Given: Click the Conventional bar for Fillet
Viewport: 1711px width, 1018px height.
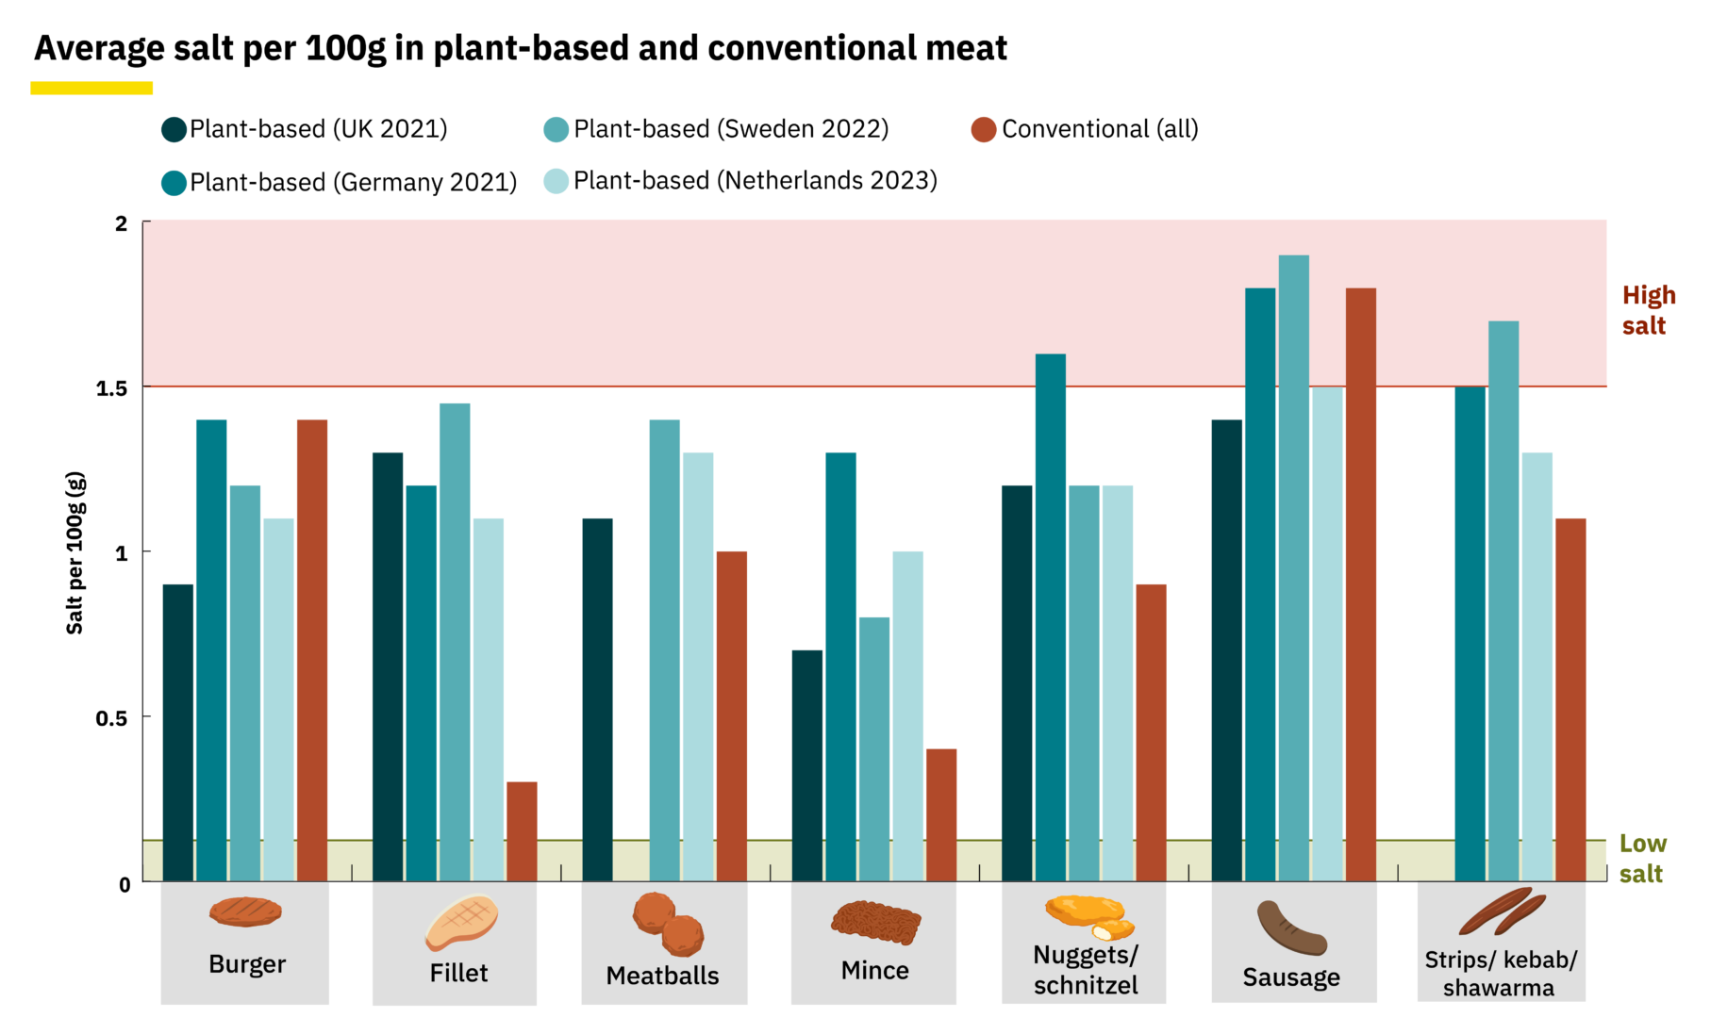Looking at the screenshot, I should [x=522, y=831].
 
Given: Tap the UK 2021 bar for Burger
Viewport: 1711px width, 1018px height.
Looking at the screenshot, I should [x=178, y=732].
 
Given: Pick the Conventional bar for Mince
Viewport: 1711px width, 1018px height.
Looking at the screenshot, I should [x=940, y=815].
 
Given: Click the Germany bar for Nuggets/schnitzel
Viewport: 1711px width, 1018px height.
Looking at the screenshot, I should [x=1050, y=617].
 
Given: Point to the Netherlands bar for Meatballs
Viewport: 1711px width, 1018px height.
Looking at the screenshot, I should [x=698, y=666].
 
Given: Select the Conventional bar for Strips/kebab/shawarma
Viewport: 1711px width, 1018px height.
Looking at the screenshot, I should [x=1570, y=699].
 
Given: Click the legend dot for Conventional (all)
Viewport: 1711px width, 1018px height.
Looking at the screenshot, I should [x=984, y=130].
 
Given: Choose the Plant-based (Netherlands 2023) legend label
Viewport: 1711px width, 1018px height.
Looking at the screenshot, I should [x=755, y=181].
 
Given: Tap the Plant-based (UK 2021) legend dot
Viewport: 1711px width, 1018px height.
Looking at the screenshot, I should [x=174, y=130].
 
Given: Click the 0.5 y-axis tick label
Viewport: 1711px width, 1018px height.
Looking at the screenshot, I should [x=111, y=718].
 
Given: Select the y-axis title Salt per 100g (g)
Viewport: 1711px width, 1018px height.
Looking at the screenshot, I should [x=75, y=552].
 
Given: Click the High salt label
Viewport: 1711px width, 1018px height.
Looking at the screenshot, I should [x=1648, y=310].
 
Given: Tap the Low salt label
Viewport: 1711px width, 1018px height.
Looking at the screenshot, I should [x=1641, y=858].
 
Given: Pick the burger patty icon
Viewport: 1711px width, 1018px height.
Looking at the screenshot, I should [x=245, y=911].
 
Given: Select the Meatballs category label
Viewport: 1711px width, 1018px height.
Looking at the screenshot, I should [x=662, y=976].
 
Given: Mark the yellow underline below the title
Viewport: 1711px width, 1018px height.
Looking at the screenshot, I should [x=91, y=88].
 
